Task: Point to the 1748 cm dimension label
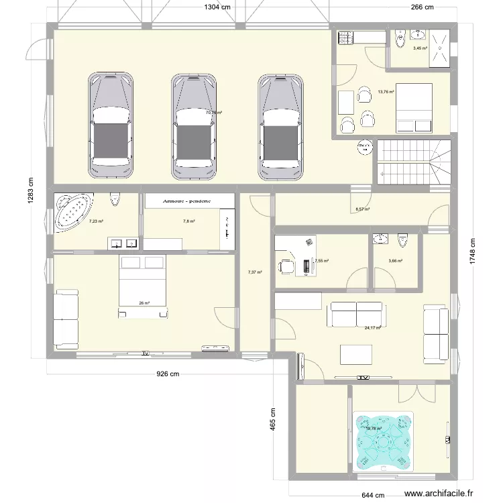tap(473, 253)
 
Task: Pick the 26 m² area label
tap(144, 303)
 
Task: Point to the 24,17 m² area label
tap(373, 328)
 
